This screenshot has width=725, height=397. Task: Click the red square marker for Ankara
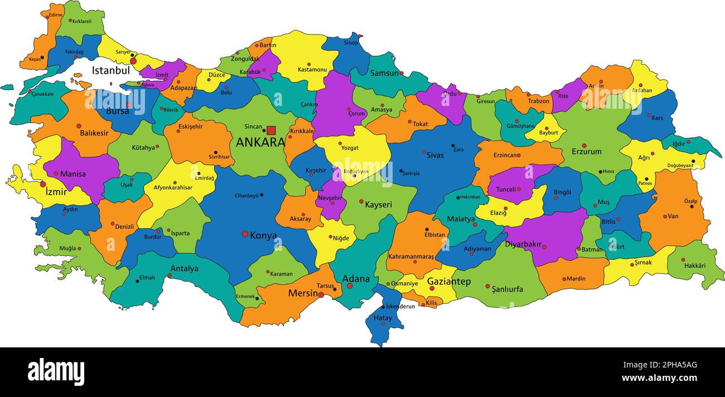tap(271, 130)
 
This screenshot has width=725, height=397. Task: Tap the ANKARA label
tap(260, 142)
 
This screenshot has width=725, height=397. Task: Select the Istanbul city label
tap(110, 71)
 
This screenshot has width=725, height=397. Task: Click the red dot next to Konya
tap(245, 234)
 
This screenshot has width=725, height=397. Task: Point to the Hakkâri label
tap(694, 265)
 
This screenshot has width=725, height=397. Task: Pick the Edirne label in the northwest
tap(55, 15)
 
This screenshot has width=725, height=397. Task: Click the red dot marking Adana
tap(350, 286)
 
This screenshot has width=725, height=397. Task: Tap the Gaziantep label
tap(448, 282)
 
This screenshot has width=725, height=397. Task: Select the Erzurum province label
tap(586, 152)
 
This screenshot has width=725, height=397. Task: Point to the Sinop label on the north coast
tap(351, 42)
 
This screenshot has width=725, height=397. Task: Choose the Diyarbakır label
tap(523, 244)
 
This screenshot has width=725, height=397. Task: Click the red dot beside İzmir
tap(43, 184)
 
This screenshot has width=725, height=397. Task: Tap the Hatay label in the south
tap(383, 318)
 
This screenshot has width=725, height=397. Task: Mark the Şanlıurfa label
tap(507, 289)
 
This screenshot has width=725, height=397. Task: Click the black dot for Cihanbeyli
tap(262, 195)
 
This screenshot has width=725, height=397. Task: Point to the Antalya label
tap(184, 269)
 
